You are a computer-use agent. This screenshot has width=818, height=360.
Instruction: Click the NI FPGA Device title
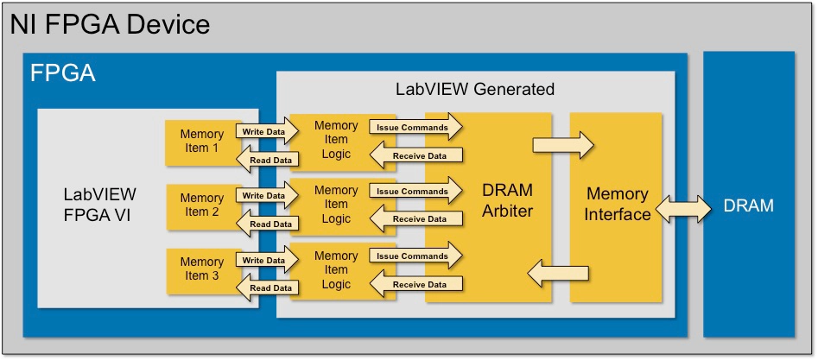110,24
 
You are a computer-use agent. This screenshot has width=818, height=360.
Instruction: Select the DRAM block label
749,205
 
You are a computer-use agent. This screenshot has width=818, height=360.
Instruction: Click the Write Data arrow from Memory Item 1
267,132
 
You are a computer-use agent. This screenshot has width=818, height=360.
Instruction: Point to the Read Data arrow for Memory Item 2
267,224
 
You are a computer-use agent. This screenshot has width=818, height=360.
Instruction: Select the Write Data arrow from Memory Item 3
267,261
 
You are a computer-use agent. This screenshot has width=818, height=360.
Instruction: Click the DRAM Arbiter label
508,200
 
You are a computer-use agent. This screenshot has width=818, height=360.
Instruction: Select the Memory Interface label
618,204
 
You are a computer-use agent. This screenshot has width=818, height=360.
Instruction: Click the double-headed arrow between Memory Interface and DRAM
683,209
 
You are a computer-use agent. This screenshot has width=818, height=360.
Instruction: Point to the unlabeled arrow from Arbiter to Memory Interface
563,145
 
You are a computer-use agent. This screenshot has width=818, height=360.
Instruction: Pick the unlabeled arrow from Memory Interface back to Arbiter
558,274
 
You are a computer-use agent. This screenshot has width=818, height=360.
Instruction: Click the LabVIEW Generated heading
475,89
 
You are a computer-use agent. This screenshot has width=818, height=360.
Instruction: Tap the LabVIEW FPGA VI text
100,204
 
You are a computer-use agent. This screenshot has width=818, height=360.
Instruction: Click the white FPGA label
62,73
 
